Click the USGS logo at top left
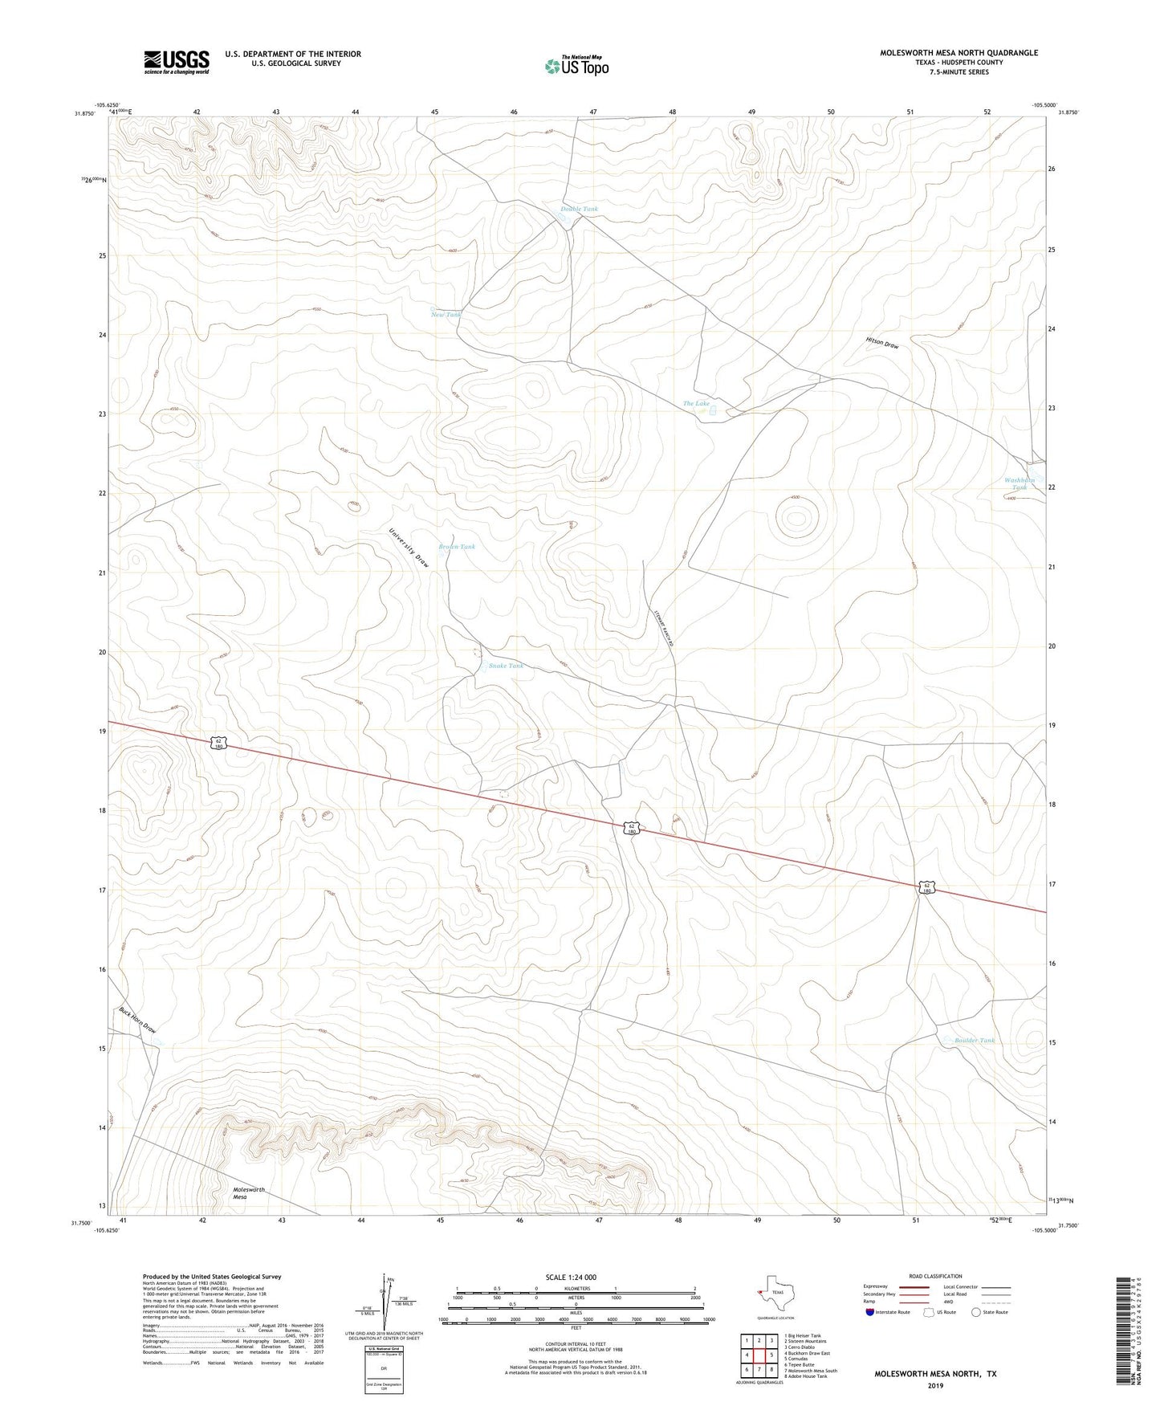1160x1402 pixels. coord(177,62)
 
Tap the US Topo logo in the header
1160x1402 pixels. coord(576,65)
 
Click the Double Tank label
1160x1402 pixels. coord(579,209)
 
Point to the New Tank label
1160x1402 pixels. coord(446,315)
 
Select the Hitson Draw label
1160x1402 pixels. coord(882,343)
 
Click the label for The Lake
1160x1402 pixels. coord(696,403)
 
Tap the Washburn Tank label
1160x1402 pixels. coord(1020,483)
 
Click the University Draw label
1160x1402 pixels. coord(409,548)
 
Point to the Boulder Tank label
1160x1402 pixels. coord(974,1041)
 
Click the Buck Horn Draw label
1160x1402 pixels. coord(137,1020)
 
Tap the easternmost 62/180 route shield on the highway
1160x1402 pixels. coord(926,887)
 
